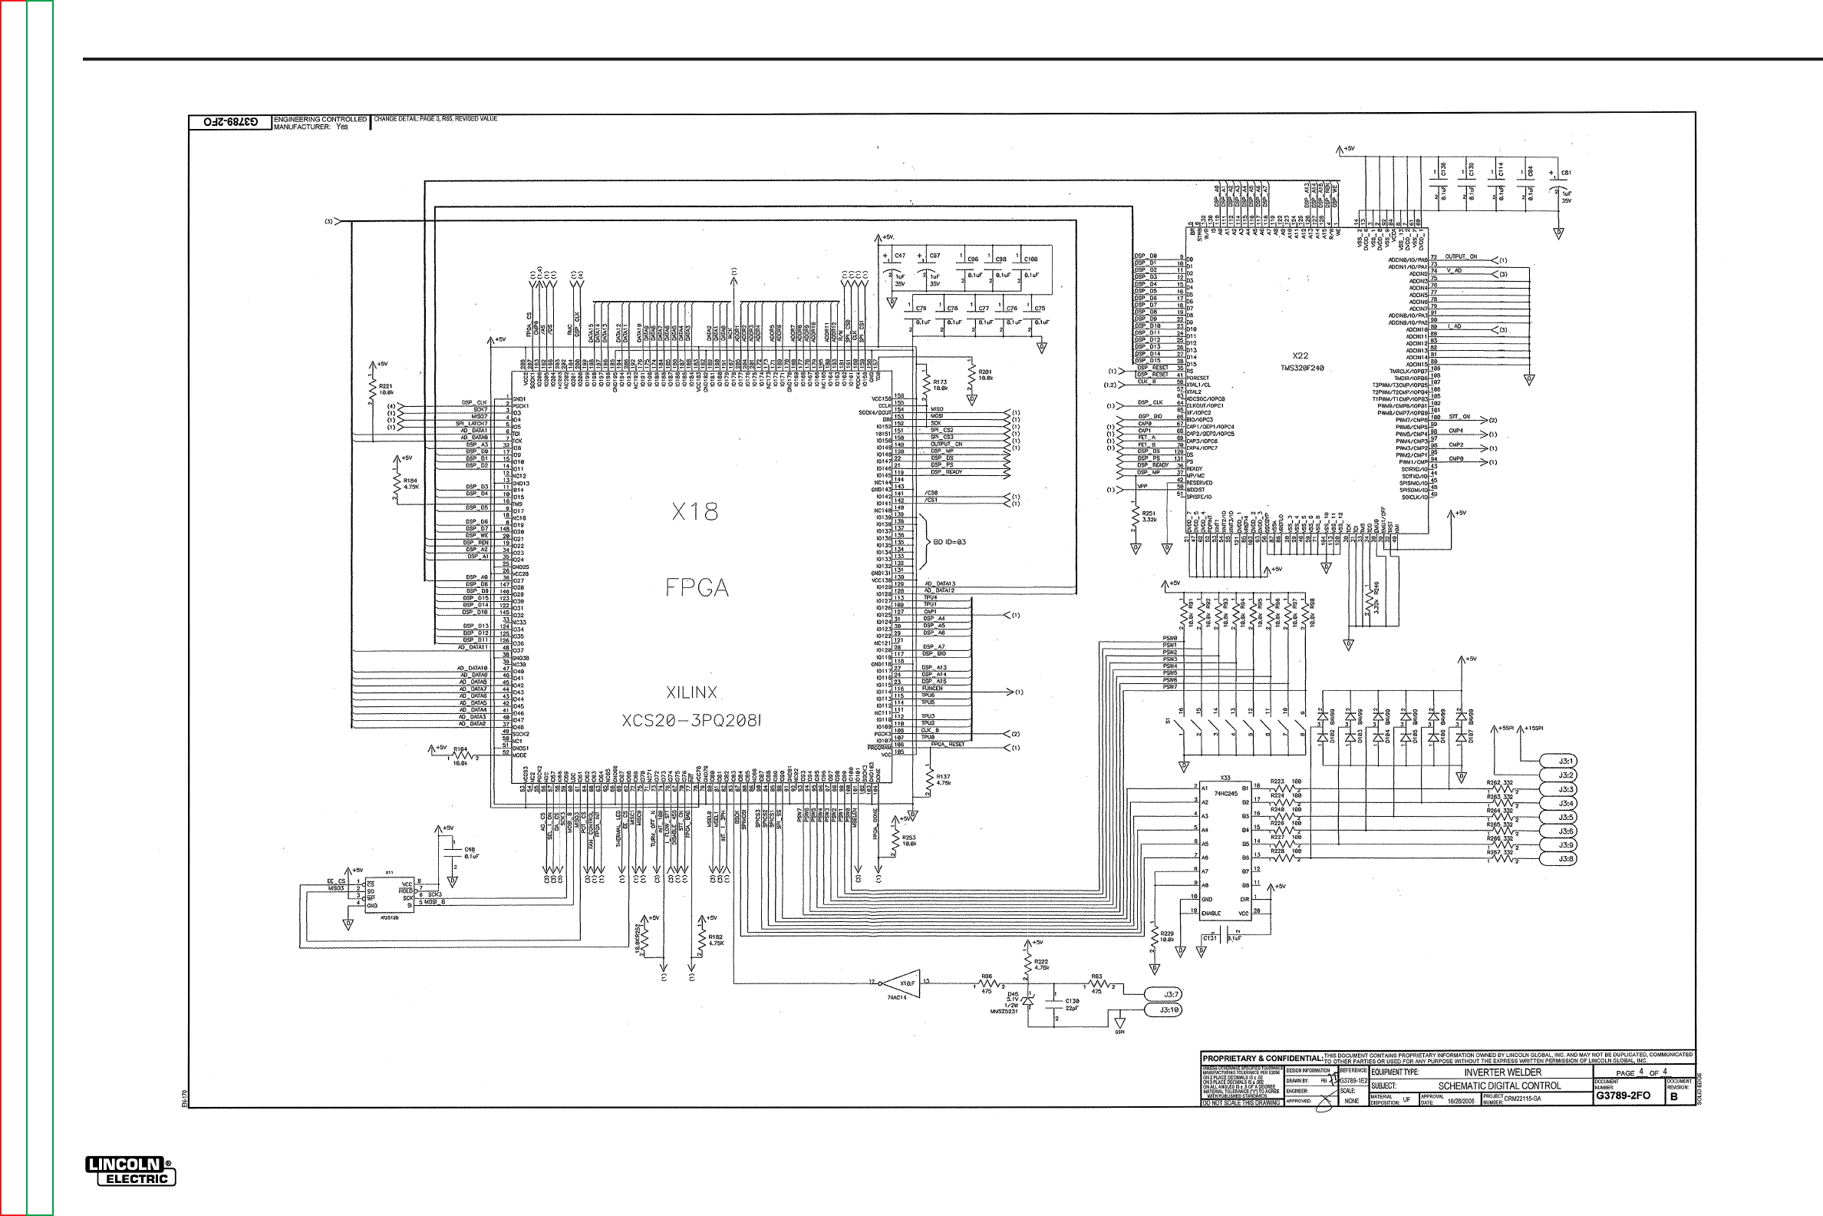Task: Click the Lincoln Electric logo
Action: point(130,1171)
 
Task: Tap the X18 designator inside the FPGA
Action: point(694,512)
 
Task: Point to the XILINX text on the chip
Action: point(691,692)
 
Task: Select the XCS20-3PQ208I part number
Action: point(691,721)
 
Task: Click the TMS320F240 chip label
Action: point(1300,368)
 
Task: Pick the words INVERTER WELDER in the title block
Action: point(1502,1072)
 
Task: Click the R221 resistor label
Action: point(385,385)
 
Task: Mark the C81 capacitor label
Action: point(1566,173)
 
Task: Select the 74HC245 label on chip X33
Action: point(1225,793)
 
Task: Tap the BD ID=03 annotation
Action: point(950,541)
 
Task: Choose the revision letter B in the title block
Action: point(1673,1096)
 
